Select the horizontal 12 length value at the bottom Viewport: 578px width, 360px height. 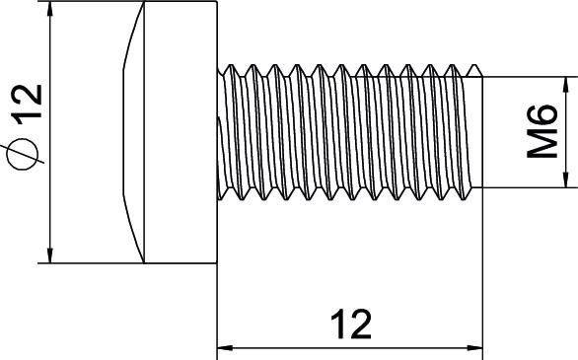click(350, 324)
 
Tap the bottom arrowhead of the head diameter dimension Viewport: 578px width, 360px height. click(49, 255)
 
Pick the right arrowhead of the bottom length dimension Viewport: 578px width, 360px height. click(478, 347)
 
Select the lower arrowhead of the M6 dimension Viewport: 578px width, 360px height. click(564, 179)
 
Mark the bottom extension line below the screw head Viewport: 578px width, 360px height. click(94, 263)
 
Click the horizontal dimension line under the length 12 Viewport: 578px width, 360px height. click(296, 347)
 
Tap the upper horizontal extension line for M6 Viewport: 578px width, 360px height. click(528, 77)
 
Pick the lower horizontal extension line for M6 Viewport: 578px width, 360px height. click(528, 187)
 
